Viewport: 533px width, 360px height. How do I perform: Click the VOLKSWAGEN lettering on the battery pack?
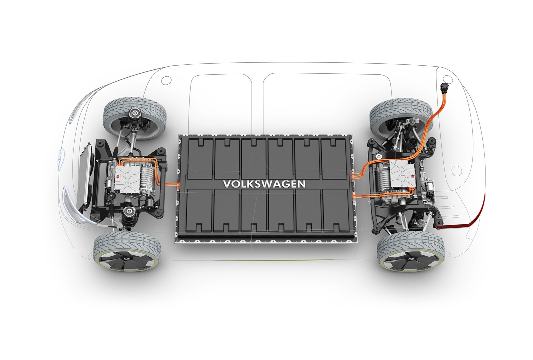tap(264, 184)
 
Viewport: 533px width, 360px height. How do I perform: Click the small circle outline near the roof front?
tap(166, 80)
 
